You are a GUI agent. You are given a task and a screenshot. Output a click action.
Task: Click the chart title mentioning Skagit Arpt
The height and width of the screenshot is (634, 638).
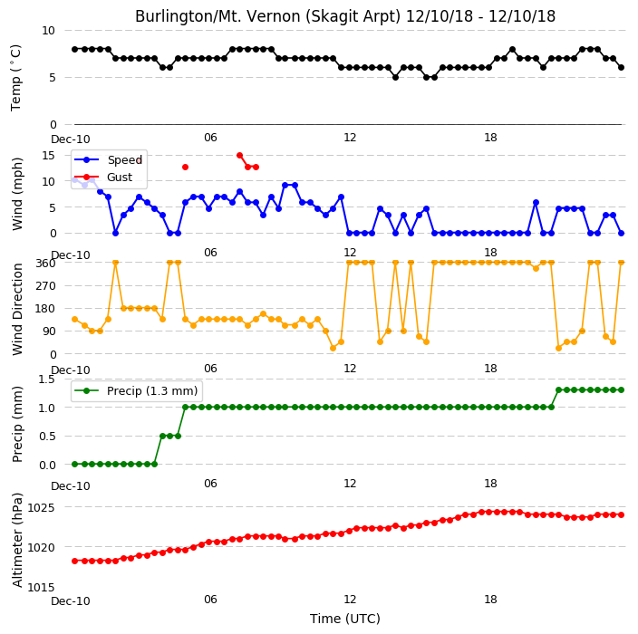(x=345, y=16)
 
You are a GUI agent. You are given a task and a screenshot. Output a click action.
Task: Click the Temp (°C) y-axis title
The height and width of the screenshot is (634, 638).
(x=16, y=78)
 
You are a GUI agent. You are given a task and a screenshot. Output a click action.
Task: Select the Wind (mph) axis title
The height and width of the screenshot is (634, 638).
(x=17, y=194)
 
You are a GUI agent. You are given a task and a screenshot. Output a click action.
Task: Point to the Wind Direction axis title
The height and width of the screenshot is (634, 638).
(x=17, y=309)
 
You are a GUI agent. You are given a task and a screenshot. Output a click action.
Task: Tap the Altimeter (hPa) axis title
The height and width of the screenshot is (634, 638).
(x=17, y=540)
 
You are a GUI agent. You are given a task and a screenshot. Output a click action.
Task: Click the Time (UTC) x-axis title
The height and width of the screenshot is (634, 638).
(x=345, y=619)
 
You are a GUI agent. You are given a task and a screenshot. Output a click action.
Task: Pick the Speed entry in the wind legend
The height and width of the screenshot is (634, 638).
(x=109, y=159)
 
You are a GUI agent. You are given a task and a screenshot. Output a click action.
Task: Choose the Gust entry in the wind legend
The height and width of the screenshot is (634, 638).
(x=103, y=178)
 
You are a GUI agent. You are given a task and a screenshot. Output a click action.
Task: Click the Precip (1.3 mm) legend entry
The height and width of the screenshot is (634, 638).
(x=136, y=390)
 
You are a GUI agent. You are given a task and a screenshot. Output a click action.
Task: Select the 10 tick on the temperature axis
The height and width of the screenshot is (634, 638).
(x=48, y=31)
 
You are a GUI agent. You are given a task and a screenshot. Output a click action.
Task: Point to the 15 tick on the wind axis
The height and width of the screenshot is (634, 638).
(x=48, y=156)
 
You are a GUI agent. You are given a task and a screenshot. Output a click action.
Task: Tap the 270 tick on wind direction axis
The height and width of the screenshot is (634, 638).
(x=46, y=286)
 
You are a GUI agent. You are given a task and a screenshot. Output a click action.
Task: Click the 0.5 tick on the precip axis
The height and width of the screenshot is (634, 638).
(x=47, y=437)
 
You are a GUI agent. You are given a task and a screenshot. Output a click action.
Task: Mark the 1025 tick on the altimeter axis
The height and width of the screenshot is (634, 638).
(x=41, y=507)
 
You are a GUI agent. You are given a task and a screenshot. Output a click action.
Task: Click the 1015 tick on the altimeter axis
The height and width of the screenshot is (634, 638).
(x=41, y=587)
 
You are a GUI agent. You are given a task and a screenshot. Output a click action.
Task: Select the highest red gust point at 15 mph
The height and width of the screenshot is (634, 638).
(x=239, y=156)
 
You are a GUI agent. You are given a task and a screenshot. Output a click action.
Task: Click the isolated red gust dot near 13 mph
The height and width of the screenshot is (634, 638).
(x=186, y=168)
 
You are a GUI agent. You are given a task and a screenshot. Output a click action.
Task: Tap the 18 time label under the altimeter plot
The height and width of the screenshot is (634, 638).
(x=490, y=600)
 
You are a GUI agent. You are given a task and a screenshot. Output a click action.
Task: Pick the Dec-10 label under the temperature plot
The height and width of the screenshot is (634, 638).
(x=71, y=139)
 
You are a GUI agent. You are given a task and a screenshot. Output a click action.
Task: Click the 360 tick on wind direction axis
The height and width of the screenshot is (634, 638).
(x=46, y=264)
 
